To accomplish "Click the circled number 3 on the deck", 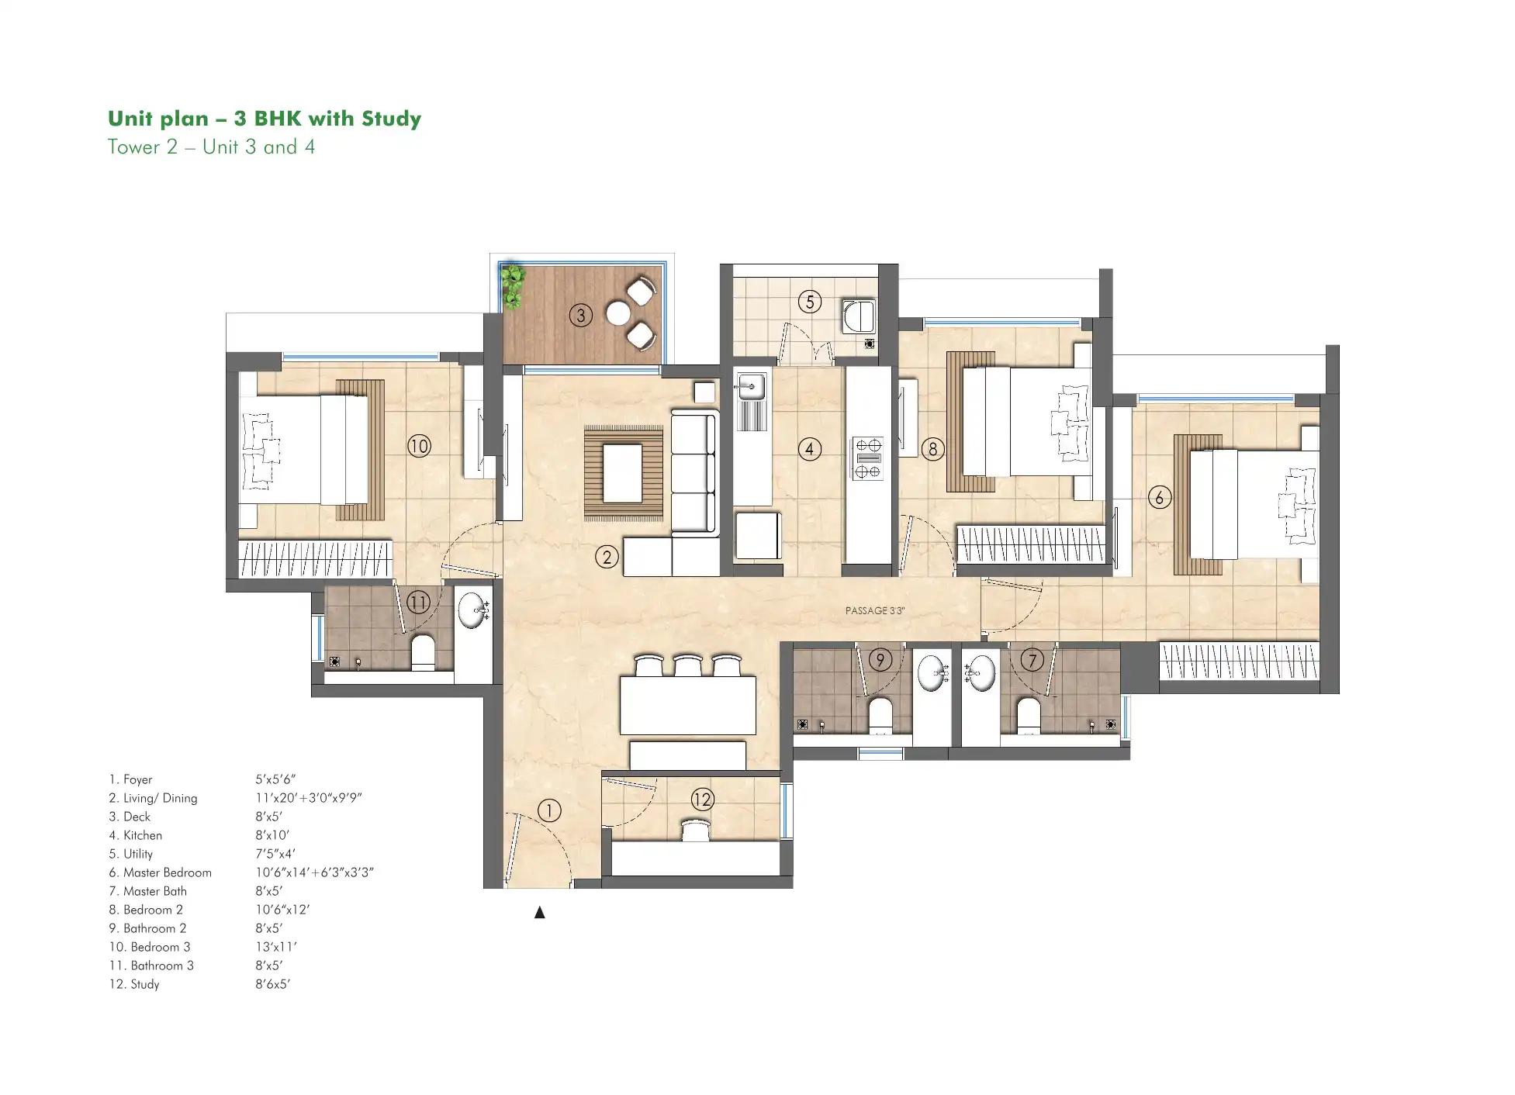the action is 580,315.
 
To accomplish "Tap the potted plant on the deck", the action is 512,286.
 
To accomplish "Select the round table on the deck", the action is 618,313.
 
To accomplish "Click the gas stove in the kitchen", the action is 868,459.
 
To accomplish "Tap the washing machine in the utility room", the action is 859,316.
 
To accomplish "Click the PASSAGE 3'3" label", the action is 875,610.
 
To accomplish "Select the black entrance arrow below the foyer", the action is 540,913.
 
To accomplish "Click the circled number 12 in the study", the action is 702,800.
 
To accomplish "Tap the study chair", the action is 696,831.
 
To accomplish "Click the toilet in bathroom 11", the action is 423,653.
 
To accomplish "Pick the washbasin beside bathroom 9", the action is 931,672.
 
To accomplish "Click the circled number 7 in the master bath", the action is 1032,660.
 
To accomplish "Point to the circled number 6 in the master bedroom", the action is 1159,497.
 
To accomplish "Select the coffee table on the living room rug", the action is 623,472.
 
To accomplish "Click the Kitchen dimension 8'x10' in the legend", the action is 272,835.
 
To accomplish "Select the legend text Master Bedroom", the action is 168,872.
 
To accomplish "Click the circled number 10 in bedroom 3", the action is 419,446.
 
